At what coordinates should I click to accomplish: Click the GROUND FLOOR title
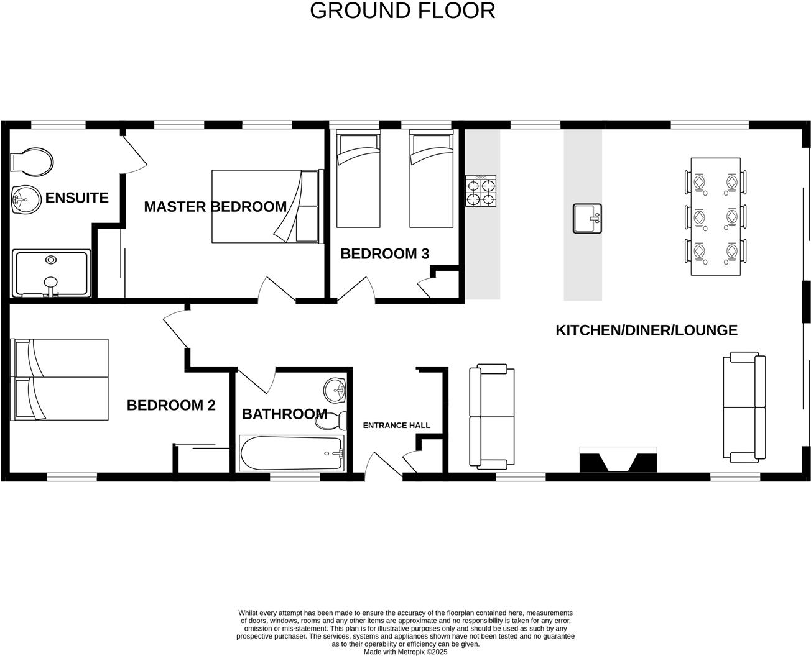click(402, 11)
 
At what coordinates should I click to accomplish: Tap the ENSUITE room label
click(76, 198)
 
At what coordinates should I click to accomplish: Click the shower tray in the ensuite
click(52, 273)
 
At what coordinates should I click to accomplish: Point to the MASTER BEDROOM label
click(215, 207)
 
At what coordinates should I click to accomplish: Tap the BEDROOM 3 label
click(384, 253)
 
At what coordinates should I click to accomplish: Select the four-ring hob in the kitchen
click(481, 191)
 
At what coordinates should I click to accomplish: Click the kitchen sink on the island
click(587, 219)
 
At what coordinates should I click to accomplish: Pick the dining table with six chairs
click(716, 216)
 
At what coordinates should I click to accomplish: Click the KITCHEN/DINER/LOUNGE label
click(646, 330)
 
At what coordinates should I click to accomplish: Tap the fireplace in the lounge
click(618, 460)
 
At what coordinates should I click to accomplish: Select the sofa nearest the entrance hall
click(491, 416)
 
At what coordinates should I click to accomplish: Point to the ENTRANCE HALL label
click(396, 426)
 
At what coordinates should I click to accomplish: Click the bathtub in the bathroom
click(292, 453)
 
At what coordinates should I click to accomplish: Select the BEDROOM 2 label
click(171, 406)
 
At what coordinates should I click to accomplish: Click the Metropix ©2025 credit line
click(405, 652)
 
